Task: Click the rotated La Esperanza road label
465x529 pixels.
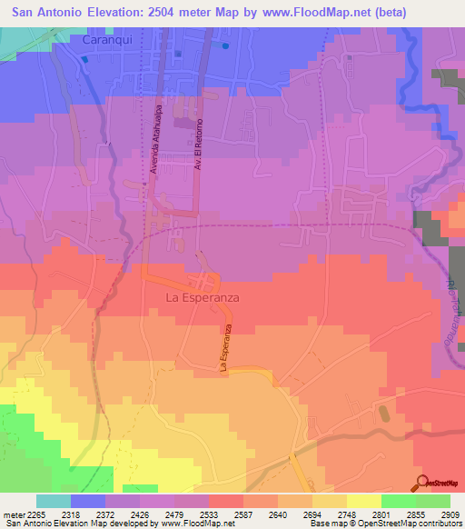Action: click(226, 348)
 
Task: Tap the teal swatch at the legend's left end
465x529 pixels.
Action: click(54, 501)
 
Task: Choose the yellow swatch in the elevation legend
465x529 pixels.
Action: click(364, 501)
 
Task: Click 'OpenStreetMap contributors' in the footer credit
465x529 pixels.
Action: click(414, 524)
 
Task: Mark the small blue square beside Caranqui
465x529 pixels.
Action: click(85, 58)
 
